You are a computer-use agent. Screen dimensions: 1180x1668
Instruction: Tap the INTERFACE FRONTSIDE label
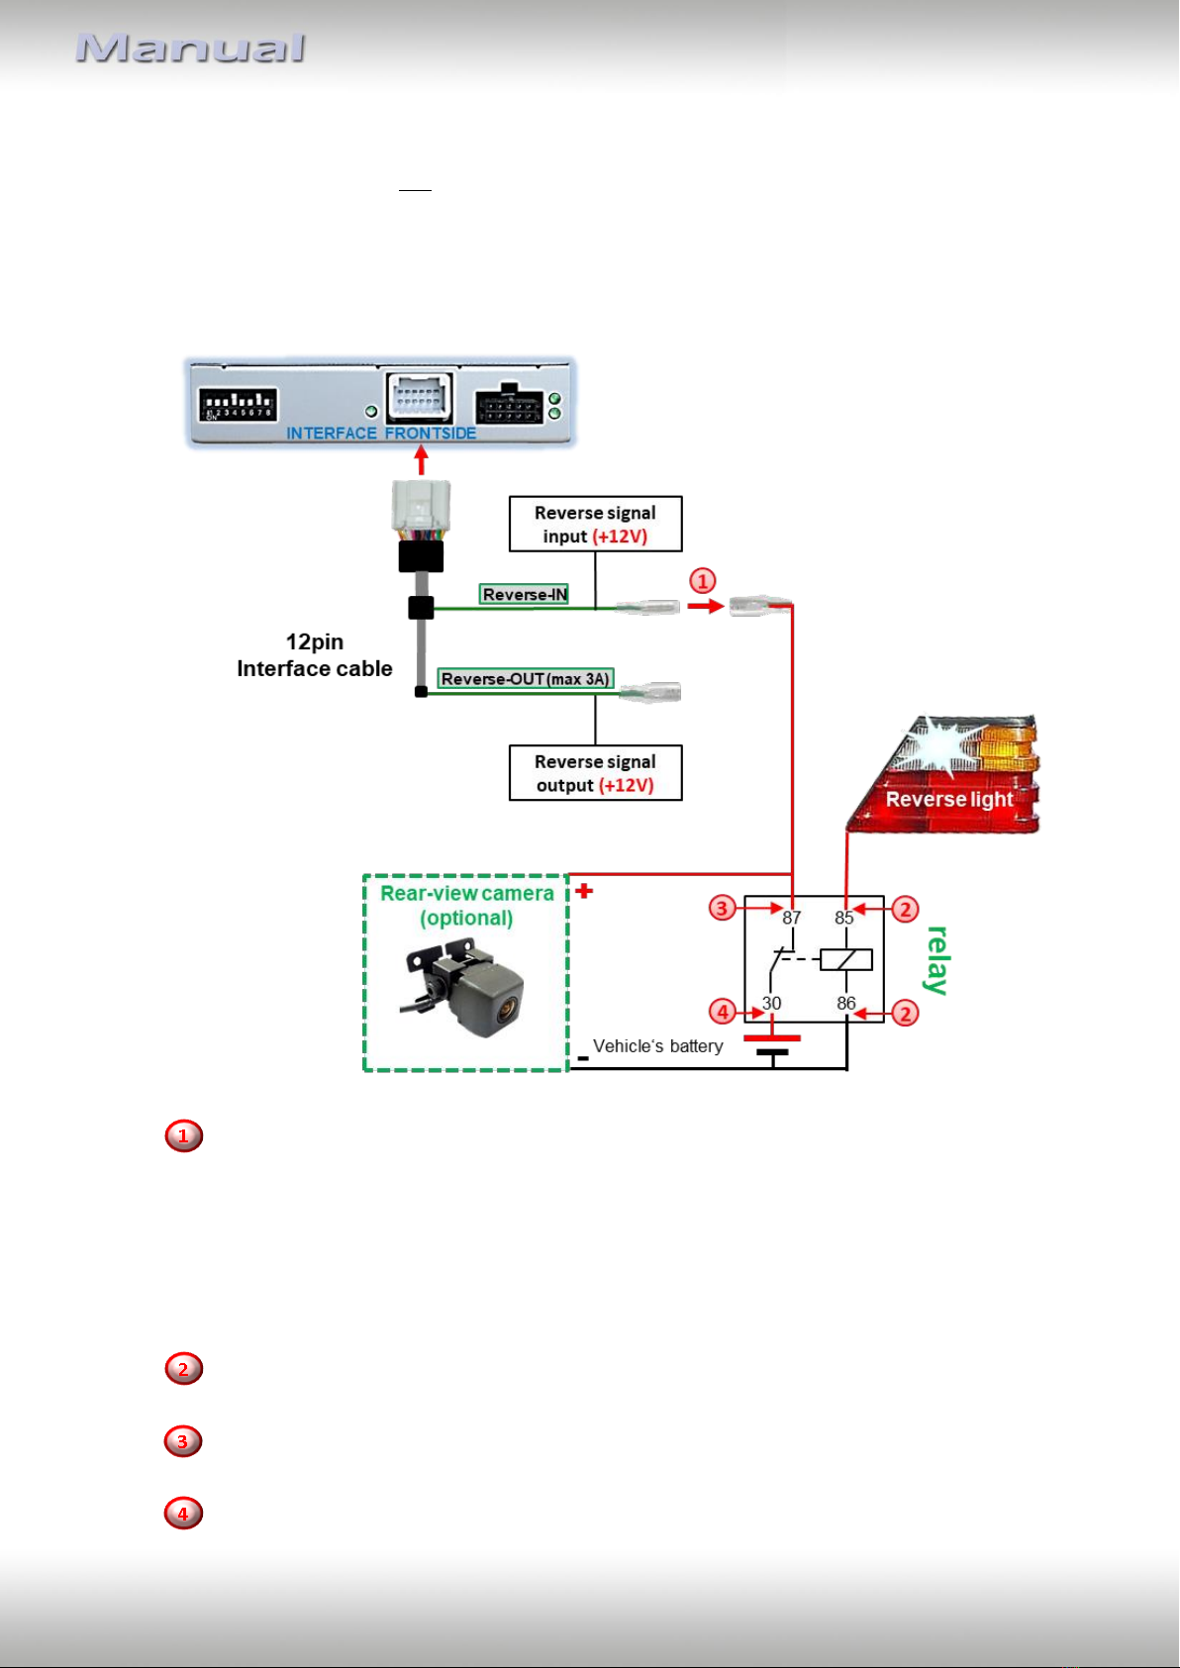381,434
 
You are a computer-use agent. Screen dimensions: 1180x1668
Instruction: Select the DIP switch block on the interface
239,404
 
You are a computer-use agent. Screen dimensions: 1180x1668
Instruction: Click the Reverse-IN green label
524,594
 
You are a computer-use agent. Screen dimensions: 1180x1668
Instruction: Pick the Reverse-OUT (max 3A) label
525,679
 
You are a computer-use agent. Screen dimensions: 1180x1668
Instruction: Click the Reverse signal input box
596,525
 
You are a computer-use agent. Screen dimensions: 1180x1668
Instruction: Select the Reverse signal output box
596,773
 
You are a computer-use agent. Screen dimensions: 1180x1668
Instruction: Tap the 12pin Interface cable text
314,655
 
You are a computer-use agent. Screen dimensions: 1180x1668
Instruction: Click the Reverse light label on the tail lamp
949,799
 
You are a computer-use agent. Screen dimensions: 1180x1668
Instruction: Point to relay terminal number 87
791,918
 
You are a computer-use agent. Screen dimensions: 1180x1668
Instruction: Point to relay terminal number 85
843,918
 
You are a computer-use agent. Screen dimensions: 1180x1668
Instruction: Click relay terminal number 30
771,1003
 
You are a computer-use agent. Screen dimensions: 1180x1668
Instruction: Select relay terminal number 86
845,1003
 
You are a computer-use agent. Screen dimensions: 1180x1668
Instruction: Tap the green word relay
937,960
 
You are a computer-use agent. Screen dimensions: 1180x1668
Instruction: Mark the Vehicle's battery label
658,1046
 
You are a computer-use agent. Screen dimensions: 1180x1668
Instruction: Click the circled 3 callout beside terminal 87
722,908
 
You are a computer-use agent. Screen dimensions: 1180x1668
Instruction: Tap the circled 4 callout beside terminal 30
722,1012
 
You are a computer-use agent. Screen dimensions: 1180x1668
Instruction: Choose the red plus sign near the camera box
584,891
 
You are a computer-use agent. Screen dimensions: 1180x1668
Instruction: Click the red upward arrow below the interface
422,460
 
